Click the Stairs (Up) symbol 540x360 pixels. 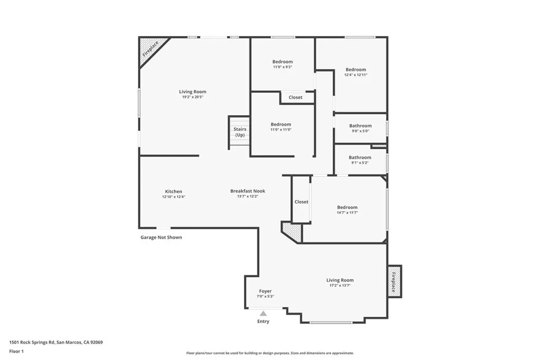pos(239,133)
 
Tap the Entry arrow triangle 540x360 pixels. pos(263,314)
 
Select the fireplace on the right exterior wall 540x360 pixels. pos(394,281)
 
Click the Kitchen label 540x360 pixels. pos(173,191)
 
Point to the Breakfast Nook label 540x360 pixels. pos(247,191)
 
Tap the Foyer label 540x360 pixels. pos(265,291)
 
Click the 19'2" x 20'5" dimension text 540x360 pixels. pos(192,97)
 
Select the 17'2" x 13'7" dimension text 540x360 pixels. pos(340,285)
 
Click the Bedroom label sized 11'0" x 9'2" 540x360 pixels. pos(282,62)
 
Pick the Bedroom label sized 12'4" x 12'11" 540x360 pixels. pos(355,70)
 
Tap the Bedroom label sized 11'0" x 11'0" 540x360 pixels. pos(281,124)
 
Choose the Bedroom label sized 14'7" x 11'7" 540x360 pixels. pos(347,207)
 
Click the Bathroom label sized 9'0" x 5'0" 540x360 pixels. pos(360,126)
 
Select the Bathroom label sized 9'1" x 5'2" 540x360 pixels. pos(360,158)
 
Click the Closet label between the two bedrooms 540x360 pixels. pos(295,98)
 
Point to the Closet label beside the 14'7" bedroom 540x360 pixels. pos(301,202)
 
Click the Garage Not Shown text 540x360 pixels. pos(161,237)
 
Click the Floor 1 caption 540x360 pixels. pos(17,351)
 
